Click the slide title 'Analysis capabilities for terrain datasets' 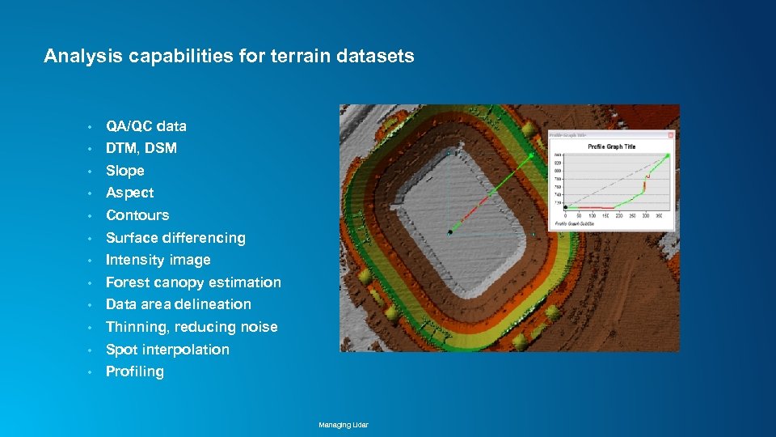coord(229,56)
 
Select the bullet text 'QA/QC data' coord(146,126)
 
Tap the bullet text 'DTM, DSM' coord(141,148)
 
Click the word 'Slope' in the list coord(125,171)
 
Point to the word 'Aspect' coord(129,193)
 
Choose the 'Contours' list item coord(137,215)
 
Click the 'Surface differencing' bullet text coord(175,238)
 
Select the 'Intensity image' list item coord(158,260)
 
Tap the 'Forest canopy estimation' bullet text coord(193,282)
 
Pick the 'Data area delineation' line coord(179,304)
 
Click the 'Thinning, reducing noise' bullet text coord(192,327)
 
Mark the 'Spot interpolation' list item coord(167,350)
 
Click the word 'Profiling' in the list coord(135,371)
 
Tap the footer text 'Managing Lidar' coord(344,425)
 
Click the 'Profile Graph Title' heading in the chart coord(611,146)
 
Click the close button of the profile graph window coord(670,134)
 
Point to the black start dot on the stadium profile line coord(450,232)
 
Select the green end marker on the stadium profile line coord(531,155)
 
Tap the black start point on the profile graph coord(565,208)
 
